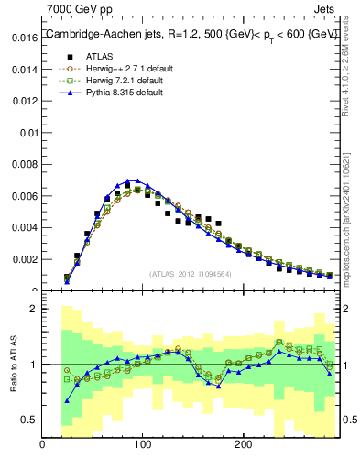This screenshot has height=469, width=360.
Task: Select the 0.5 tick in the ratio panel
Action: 28,420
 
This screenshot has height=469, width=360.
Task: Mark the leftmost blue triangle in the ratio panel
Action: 67,400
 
